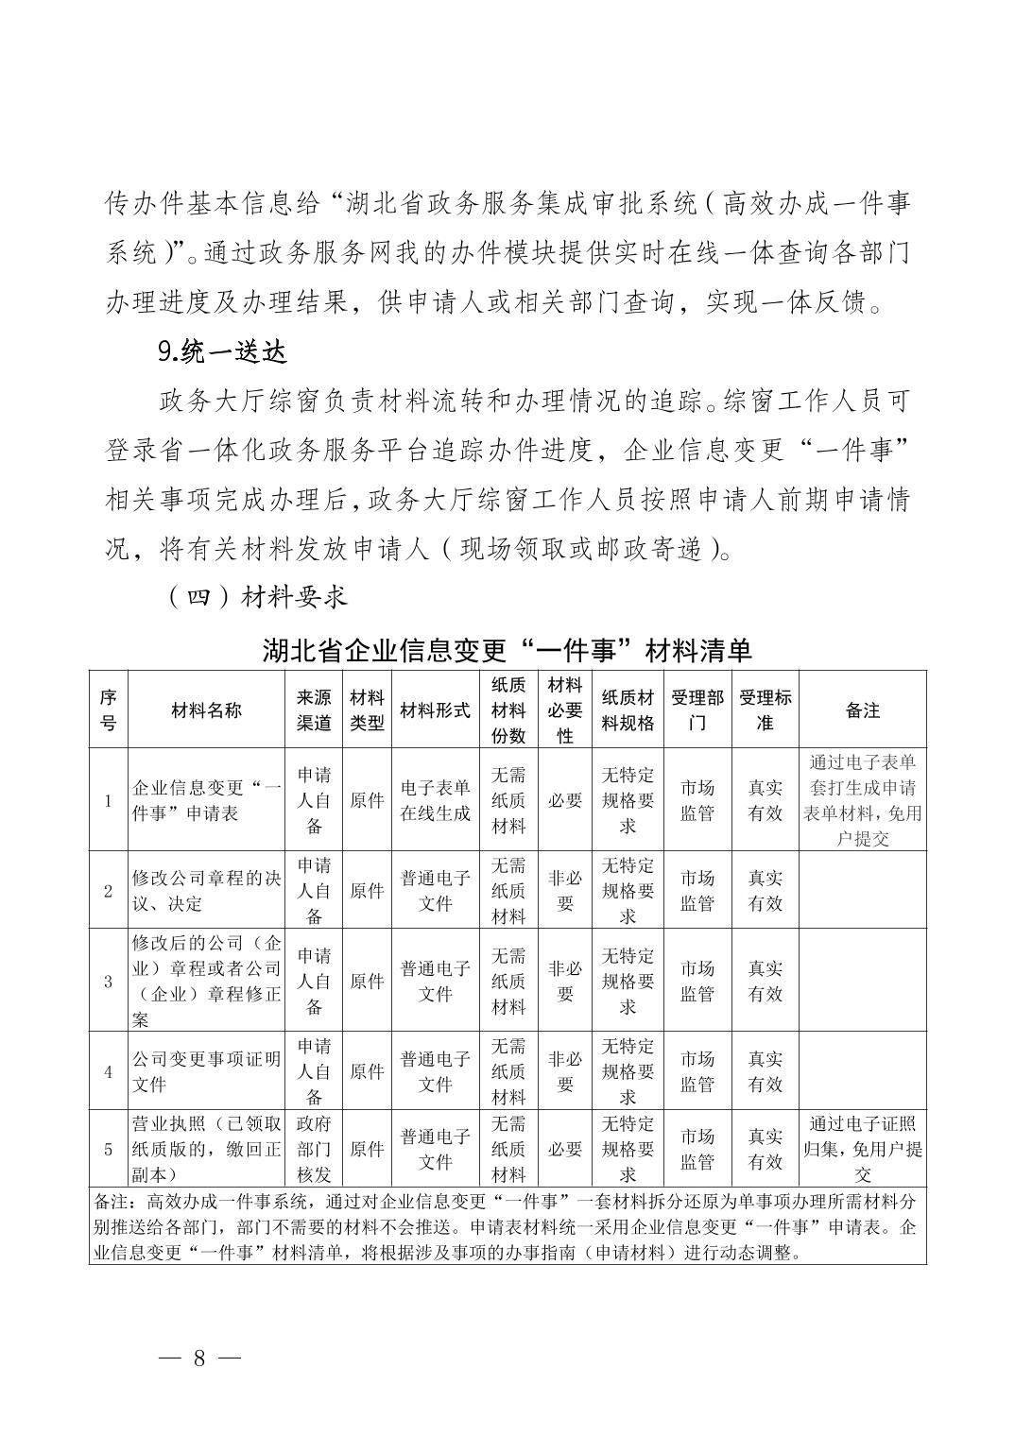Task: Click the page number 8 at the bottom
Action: tap(199, 1359)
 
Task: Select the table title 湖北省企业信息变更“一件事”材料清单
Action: tap(507, 651)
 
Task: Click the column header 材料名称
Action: tap(207, 710)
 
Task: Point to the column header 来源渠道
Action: tap(315, 710)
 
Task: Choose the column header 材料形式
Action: tap(435, 710)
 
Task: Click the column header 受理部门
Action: tap(697, 710)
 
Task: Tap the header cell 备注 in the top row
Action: tap(862, 710)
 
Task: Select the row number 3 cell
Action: tap(109, 981)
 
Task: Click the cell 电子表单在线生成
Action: tap(435, 800)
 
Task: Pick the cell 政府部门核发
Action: tap(315, 1149)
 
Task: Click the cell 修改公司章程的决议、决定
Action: tap(207, 890)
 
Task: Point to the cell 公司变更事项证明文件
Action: tap(207, 1071)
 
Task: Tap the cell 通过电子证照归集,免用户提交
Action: tap(862, 1149)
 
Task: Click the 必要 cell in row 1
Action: tap(565, 800)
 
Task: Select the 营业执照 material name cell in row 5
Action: tap(207, 1149)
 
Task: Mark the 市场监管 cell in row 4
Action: tap(697, 1071)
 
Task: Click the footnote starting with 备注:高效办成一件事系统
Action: tap(507, 1226)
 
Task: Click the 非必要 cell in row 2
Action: tap(565, 890)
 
